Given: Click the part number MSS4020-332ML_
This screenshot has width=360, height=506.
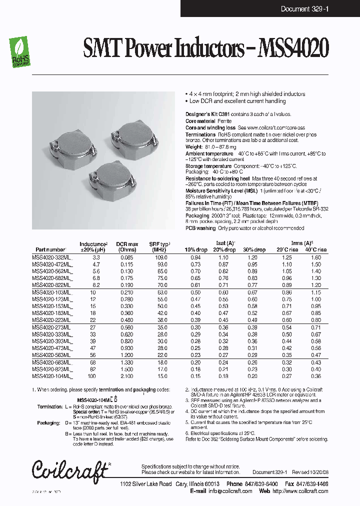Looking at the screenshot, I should click(52, 257).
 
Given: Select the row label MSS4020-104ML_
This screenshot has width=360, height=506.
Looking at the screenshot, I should click(52, 376).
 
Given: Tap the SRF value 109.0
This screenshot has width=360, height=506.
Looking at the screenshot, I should click(160, 257).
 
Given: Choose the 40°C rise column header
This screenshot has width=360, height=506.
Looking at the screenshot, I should click(315, 249).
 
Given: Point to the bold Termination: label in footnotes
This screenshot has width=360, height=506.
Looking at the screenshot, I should click(49, 407).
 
